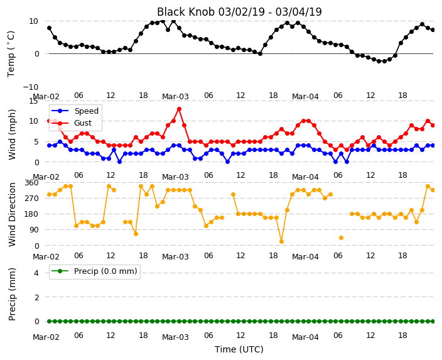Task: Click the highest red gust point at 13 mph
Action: click(x=179, y=109)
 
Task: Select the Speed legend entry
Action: click(x=75, y=111)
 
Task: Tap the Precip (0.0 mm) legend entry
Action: click(x=94, y=271)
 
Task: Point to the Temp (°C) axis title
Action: click(x=11, y=54)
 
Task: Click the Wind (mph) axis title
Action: click(x=12, y=134)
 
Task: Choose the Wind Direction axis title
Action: click(x=12, y=215)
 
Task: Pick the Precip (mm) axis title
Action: click(x=12, y=294)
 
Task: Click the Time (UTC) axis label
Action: click(x=239, y=349)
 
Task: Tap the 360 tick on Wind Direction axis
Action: click(x=31, y=183)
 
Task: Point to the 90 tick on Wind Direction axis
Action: click(x=34, y=230)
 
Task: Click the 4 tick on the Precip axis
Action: click(x=36, y=273)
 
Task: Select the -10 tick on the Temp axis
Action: click(x=30, y=87)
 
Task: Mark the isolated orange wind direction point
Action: click(x=341, y=238)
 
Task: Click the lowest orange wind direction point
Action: click(x=281, y=241)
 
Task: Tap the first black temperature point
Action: click(x=50, y=28)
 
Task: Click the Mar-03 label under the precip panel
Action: click(x=175, y=337)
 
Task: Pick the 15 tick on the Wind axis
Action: click(x=33, y=101)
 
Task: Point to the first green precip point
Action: click(x=50, y=321)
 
